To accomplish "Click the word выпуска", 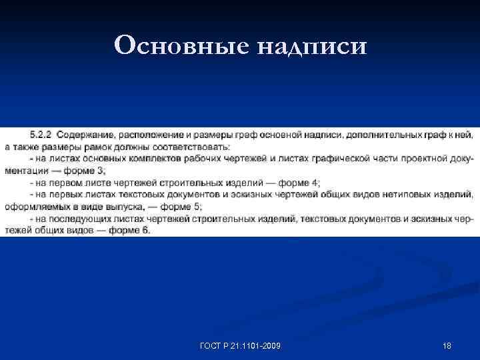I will [x=135, y=207].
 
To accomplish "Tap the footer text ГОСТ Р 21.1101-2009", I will [x=241, y=346].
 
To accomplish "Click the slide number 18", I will [x=447, y=346].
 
